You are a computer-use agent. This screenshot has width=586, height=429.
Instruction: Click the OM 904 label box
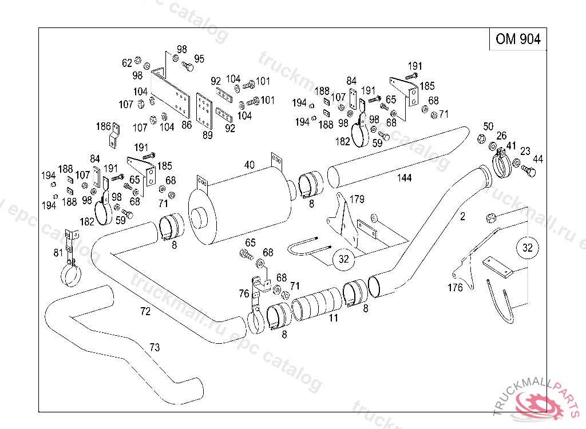518,39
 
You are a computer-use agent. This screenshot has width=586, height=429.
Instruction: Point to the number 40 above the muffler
250,165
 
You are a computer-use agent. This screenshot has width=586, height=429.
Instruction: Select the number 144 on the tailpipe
404,178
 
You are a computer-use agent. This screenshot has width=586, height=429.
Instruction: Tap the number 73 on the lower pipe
155,348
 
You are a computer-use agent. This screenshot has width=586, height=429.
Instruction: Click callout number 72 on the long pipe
145,311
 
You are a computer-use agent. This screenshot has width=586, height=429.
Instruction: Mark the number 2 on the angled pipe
462,217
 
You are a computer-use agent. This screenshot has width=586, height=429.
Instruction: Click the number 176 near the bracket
455,288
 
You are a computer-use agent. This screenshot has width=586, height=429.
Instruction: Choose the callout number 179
357,199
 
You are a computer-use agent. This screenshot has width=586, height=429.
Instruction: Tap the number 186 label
103,126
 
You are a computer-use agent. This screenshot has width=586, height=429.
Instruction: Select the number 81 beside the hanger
58,253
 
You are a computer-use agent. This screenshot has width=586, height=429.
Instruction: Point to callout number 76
244,294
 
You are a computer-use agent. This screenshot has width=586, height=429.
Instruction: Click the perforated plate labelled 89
204,112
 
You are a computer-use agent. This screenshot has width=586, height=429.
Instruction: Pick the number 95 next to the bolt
199,59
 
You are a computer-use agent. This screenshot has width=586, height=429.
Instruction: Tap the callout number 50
488,126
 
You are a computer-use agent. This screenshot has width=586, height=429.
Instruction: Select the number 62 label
127,63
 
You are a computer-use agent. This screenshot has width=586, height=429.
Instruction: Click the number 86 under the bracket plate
187,125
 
